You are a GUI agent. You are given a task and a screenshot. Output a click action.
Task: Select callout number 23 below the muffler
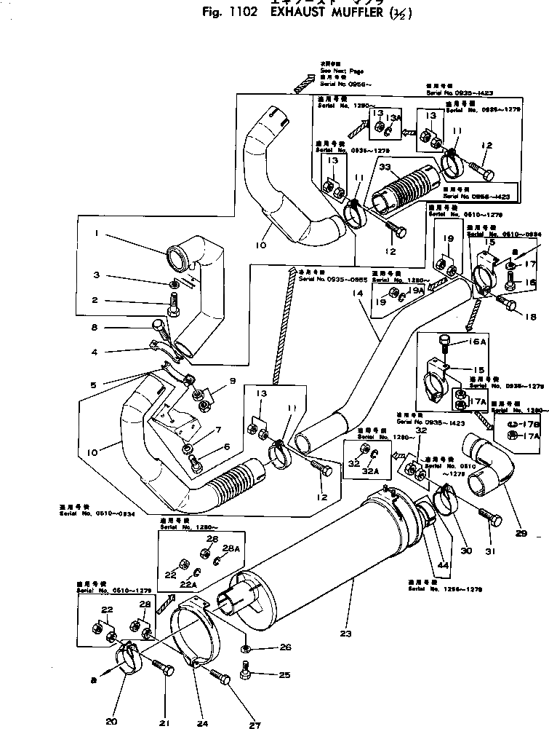tap(345, 634)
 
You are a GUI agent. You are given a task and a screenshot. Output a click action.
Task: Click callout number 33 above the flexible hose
tap(385, 168)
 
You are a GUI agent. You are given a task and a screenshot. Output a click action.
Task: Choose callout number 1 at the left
tap(95, 235)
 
